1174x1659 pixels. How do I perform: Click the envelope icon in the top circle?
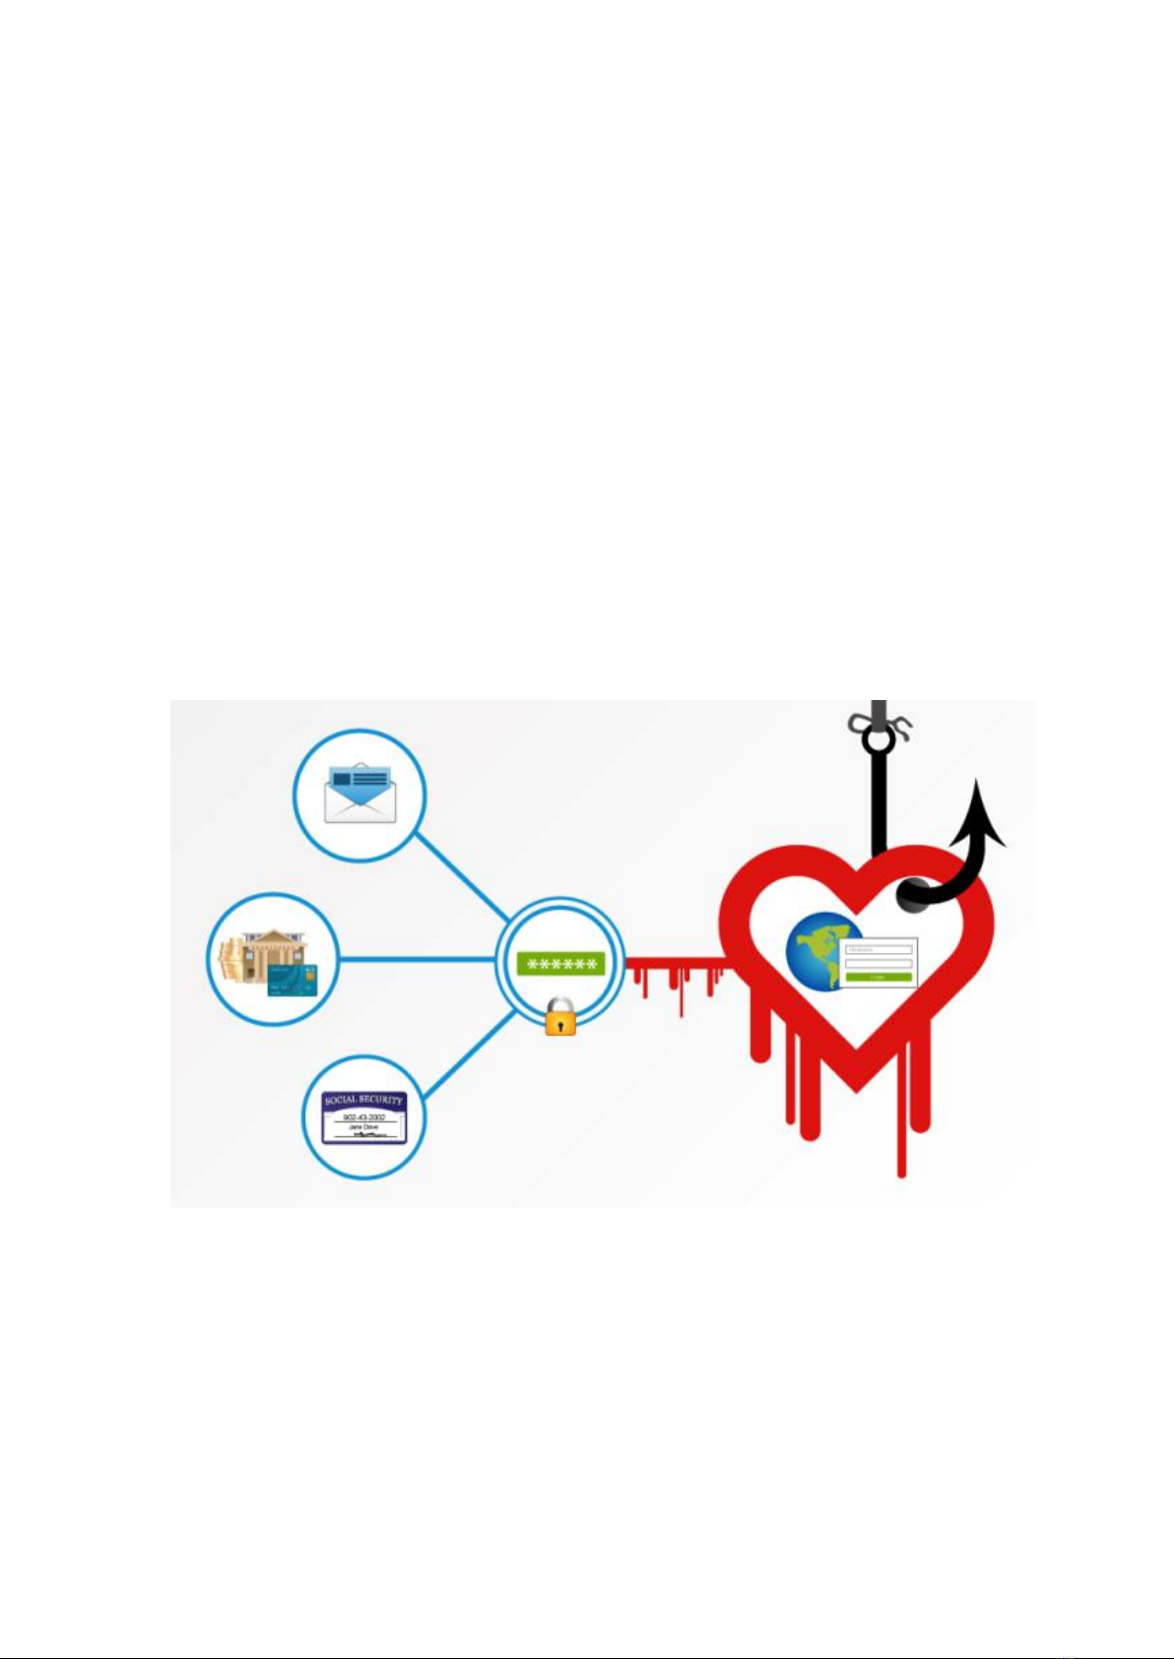tap(360, 794)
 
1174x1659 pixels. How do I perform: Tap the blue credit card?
tap(291, 978)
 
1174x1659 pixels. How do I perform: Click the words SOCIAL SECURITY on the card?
tap(363, 1100)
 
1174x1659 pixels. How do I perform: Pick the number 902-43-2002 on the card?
tap(363, 1117)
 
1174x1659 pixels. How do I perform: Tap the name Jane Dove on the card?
tap(363, 1127)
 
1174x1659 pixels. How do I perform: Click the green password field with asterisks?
tap(560, 964)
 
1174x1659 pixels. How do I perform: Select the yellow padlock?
tap(560, 1016)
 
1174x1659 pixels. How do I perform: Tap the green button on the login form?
tap(879, 977)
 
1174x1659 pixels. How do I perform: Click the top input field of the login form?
tap(879, 950)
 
